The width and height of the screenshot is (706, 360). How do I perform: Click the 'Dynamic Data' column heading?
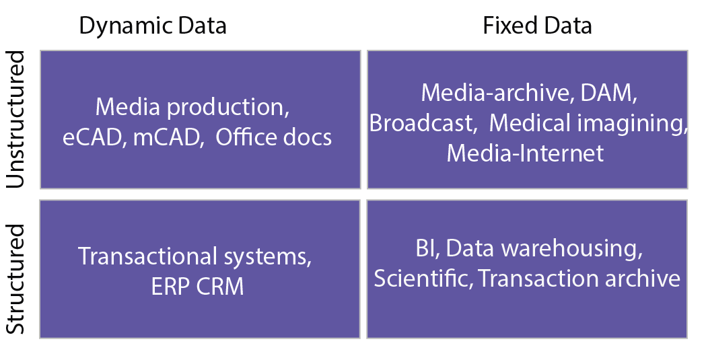pos(153,26)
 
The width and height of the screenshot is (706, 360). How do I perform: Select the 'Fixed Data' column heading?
pos(537,25)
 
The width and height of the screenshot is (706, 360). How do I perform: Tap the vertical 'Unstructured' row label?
pos(15,120)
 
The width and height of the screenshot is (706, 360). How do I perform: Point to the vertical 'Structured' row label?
pos(15,279)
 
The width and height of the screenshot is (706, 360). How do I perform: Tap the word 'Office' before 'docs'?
pos(242,137)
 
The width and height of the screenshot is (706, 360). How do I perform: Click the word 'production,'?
pos(228,108)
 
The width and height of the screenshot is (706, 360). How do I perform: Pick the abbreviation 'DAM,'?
pos(608,93)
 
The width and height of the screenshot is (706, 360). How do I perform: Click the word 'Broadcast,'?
pos(423,123)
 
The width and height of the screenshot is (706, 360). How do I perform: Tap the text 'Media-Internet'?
pos(525,153)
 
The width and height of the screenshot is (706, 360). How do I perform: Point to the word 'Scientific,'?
pos(423,278)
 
